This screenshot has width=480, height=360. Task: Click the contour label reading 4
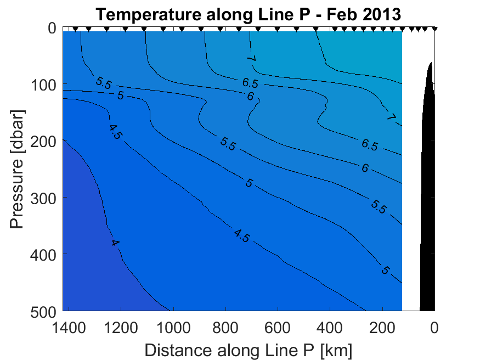115,243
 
